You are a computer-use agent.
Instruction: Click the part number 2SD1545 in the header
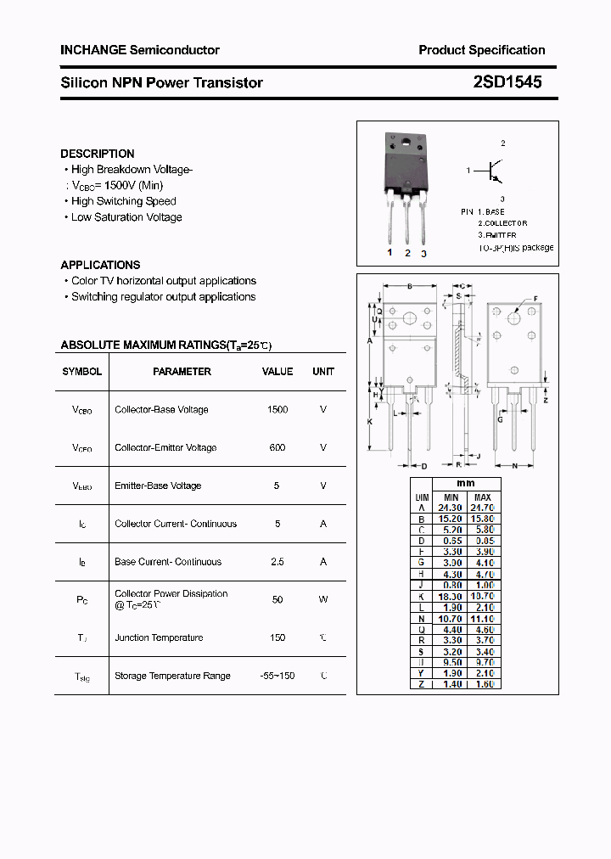pos(507,82)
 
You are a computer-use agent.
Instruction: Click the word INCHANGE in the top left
pos(93,50)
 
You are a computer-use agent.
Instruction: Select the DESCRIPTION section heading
pos(97,154)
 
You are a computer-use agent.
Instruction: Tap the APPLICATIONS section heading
pos(100,265)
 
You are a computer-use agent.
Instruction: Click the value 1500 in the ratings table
pos(277,410)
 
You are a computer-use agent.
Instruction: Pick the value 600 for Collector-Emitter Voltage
pos(277,448)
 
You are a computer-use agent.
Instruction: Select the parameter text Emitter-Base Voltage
pos(158,486)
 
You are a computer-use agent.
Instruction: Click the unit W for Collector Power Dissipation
pos(323,599)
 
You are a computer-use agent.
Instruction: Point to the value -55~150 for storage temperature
pos(277,676)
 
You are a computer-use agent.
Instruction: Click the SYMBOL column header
pos(82,372)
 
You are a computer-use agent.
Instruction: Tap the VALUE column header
pos(277,372)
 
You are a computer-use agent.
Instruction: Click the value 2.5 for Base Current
pos(277,562)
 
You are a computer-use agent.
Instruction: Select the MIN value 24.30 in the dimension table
pos(451,508)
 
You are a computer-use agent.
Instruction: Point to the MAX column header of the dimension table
pos(483,497)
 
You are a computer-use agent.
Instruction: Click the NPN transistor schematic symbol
pos(495,171)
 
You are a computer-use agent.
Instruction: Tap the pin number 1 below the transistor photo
pos(390,253)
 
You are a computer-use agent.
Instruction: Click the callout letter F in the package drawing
pos(535,299)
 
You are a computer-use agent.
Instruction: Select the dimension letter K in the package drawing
pos(370,421)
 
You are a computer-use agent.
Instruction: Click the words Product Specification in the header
pos(481,50)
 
